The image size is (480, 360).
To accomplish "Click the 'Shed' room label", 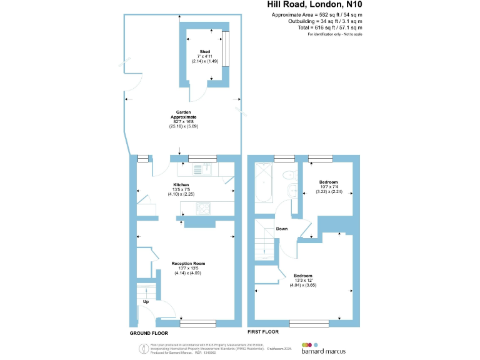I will point(204,51).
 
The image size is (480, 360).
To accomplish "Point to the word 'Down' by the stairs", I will point(282,229).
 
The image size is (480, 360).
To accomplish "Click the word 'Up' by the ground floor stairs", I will point(146,302).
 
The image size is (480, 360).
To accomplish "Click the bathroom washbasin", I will point(292,191).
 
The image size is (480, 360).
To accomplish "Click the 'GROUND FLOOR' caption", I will point(148,333).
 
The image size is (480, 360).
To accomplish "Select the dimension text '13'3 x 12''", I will point(302,281).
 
